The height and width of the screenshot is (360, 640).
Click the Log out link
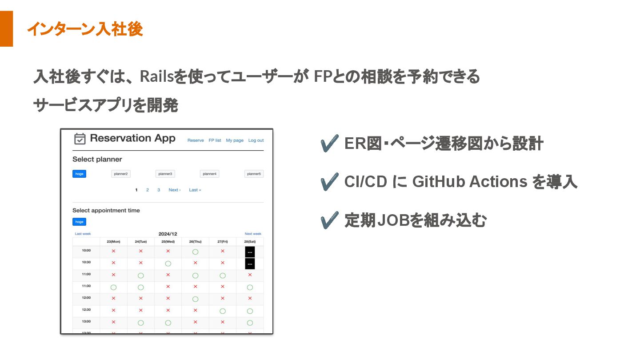[x=256, y=140]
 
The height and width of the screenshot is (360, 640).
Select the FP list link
[x=215, y=140]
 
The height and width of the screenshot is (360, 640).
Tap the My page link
[x=235, y=140]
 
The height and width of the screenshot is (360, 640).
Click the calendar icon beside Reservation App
[x=80, y=139]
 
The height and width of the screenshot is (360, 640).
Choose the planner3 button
[x=165, y=174]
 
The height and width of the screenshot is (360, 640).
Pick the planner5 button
[x=254, y=174]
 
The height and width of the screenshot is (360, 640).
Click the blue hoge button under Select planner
[x=79, y=174]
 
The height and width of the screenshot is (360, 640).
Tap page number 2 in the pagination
[x=148, y=190]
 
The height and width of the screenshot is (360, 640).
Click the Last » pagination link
[x=195, y=190]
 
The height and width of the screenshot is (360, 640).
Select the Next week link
[x=253, y=234]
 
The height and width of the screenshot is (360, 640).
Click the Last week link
[x=83, y=234]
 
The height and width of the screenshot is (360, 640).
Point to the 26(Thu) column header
[x=195, y=242]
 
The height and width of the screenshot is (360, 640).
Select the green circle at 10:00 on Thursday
[x=195, y=252]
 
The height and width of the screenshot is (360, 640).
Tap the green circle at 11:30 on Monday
[x=113, y=287]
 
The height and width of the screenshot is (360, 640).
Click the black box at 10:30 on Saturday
[x=250, y=264]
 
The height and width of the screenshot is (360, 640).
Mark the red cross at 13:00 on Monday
[x=113, y=322]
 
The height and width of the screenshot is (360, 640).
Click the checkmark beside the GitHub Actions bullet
[x=329, y=182]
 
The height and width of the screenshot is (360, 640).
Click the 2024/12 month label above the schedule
[x=168, y=234]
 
